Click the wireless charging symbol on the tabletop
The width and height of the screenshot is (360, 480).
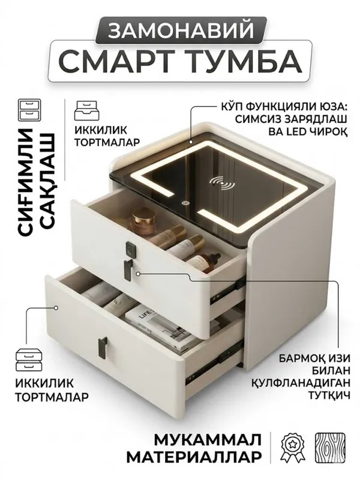pyautogui.click(x=222, y=182)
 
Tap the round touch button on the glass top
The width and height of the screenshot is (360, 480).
pyautogui.click(x=185, y=203)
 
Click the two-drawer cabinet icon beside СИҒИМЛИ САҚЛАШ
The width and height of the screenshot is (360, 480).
pyautogui.click(x=29, y=109)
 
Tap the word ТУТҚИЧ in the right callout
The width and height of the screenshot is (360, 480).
pyautogui.click(x=328, y=395)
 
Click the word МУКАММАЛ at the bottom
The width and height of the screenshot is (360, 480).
pyautogui.click(x=208, y=440)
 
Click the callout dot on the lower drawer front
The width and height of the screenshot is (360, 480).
pyautogui.click(x=56, y=308)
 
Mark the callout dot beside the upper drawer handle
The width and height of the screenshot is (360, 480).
pyautogui.click(x=138, y=274)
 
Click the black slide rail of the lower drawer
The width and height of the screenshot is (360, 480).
pyautogui.click(x=214, y=364)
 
